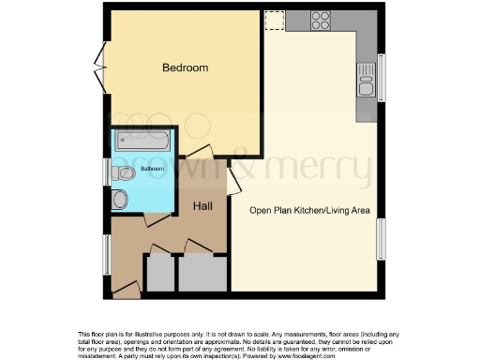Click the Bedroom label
click(x=185, y=68)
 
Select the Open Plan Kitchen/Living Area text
click(x=304, y=210)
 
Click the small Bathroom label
click(x=152, y=169)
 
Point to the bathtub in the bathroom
click(x=143, y=142)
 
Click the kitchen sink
click(x=366, y=88)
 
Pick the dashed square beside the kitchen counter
click(x=274, y=20)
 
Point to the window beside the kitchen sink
click(x=382, y=77)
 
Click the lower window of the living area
click(x=382, y=240)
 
